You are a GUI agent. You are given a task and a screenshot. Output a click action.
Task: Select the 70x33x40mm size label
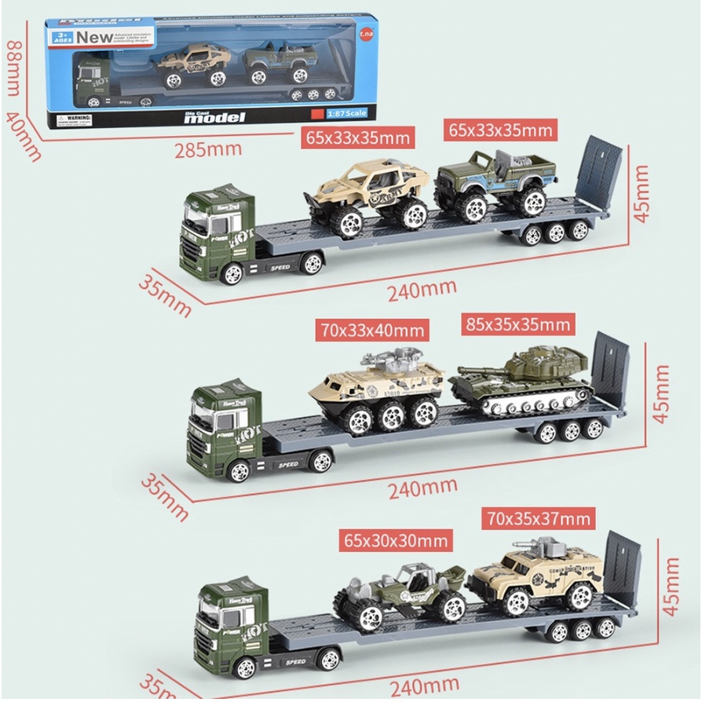point(373,329)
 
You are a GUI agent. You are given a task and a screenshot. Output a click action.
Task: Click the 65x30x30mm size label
point(396,540)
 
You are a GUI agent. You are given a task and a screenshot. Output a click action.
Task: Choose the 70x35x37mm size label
point(538,518)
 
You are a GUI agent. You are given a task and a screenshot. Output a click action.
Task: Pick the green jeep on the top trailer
point(496,181)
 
